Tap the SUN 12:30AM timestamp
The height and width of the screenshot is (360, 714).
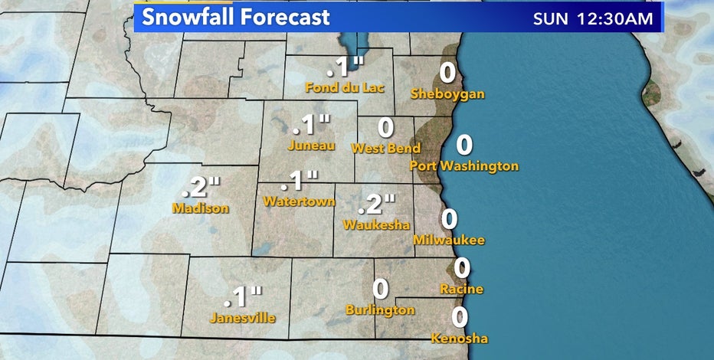[594, 18]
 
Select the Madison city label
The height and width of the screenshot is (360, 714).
[201, 208]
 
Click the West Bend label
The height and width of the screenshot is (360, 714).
[386, 148]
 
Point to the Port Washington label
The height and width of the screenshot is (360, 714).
[464, 165]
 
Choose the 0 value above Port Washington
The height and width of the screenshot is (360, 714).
[464, 144]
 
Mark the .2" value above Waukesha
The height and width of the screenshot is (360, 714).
[376, 205]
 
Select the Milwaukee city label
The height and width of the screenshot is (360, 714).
[449, 241]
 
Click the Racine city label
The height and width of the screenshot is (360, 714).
[461, 289]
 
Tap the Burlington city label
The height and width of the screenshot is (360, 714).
[380, 310]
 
